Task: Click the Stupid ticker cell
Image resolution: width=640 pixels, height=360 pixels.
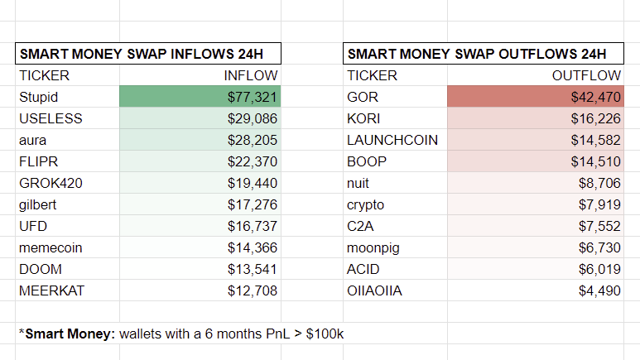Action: tap(38, 97)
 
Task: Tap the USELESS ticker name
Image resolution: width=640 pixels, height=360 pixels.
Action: tap(51, 118)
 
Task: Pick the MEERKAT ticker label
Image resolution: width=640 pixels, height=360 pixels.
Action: tap(51, 290)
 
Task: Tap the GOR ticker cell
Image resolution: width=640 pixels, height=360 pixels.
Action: tap(362, 97)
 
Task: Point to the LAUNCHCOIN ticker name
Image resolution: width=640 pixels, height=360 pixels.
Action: tap(392, 140)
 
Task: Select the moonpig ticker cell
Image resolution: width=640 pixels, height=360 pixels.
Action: tap(376, 247)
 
